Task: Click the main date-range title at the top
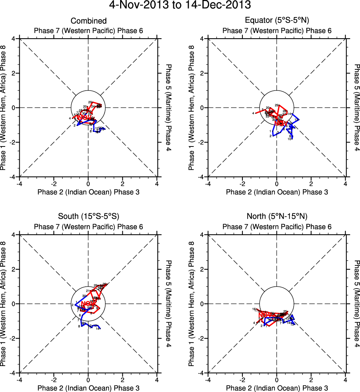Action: [x=180, y=5]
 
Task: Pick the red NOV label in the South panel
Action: [x=86, y=304]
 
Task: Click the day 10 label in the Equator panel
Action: [x=290, y=139]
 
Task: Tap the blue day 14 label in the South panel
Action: [x=97, y=329]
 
